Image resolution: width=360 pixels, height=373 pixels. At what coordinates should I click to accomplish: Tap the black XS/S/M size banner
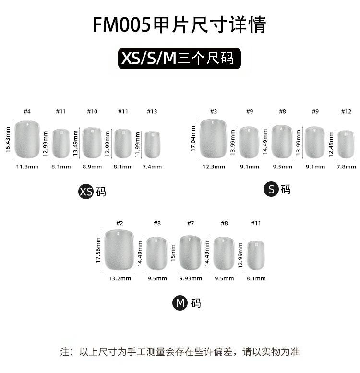[180, 59]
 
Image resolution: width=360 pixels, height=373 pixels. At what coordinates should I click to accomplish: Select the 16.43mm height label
[8, 139]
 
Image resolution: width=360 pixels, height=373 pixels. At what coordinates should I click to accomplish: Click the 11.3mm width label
[27, 167]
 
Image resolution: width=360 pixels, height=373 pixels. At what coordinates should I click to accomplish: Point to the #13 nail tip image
[152, 144]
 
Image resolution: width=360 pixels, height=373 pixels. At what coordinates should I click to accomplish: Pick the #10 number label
[92, 111]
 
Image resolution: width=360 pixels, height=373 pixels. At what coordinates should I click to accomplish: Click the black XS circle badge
[85, 192]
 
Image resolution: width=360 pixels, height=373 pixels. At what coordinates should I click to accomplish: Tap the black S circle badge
[271, 189]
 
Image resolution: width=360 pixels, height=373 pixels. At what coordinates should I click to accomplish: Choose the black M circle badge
[180, 303]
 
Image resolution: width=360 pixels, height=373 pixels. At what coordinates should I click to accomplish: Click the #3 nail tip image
[213, 139]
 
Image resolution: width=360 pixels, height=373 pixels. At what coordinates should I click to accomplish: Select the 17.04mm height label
[193, 139]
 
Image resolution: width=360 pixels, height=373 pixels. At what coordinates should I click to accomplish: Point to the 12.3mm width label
[214, 167]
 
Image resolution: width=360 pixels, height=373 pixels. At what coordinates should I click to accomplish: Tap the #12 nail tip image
[346, 144]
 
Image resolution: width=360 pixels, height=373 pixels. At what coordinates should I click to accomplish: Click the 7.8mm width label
[347, 167]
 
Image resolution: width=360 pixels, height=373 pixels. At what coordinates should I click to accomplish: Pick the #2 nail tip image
[120, 250]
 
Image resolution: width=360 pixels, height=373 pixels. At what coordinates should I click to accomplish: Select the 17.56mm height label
[98, 250]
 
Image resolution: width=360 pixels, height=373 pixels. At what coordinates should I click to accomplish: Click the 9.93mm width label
[191, 278]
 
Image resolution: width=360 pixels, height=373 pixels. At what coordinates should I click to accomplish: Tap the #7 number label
[191, 223]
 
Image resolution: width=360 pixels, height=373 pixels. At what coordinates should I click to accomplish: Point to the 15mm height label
[173, 253]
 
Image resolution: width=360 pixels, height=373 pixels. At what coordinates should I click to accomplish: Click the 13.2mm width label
[120, 278]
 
